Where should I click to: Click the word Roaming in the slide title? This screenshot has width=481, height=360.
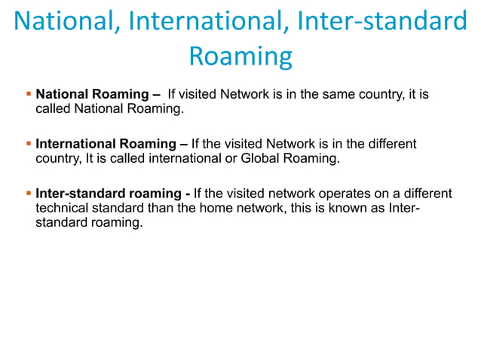click(240, 56)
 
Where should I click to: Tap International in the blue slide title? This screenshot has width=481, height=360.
click(199, 21)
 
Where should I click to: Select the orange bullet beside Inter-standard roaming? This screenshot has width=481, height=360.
click(29, 194)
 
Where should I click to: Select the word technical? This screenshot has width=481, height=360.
click(63, 209)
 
